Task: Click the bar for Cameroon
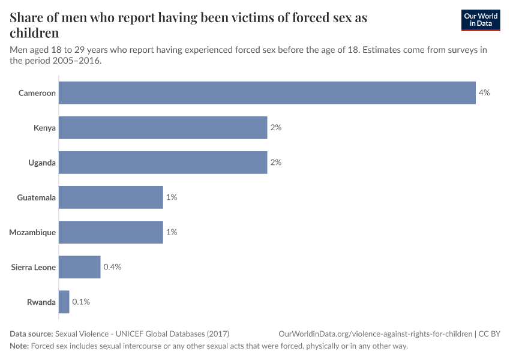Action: pos(267,93)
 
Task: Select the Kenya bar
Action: pos(163,128)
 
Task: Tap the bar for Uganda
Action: pos(163,163)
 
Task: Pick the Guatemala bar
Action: pos(111,197)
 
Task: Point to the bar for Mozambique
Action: pos(111,232)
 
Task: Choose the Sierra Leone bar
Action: pos(80,267)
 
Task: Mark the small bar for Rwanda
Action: pos(64,302)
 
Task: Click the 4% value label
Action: pos(484,93)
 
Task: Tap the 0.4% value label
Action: pos(112,267)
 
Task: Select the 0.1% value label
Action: pos(81,302)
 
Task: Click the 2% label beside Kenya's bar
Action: pos(275,128)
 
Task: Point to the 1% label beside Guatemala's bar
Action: pos(171,197)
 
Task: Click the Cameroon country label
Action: pos(37,93)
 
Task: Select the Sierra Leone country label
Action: pos(34,267)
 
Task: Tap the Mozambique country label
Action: pos(32,232)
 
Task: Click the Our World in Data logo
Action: pos(480,20)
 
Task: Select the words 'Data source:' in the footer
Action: pos(31,334)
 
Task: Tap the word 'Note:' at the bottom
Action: pos(19,346)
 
